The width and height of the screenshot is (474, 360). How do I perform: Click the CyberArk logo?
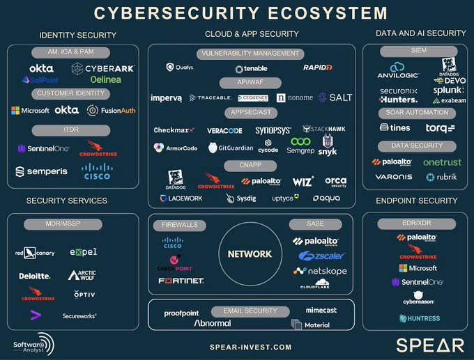[x=103, y=68]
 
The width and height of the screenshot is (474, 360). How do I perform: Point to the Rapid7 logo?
[x=317, y=68]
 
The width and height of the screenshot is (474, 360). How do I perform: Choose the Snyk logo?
[x=328, y=147]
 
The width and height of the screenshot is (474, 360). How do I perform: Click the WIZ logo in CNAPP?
[x=303, y=181]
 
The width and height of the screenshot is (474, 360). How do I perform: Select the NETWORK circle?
[x=250, y=254]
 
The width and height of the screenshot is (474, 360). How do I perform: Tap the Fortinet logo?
[x=181, y=281]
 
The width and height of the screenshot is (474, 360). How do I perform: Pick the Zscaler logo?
[x=321, y=256]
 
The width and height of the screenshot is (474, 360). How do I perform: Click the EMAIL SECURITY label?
[x=250, y=311]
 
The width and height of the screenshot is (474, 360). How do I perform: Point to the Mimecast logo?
[x=322, y=310]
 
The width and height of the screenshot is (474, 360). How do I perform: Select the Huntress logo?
[x=420, y=318]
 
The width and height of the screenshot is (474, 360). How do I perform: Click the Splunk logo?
[x=448, y=90]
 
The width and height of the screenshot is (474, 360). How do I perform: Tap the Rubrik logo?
[x=441, y=177]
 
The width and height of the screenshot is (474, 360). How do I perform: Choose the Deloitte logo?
[x=35, y=276]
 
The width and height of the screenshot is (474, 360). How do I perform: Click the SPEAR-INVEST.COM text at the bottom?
[x=250, y=347]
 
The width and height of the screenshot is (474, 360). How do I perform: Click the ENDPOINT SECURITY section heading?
[x=416, y=201]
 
